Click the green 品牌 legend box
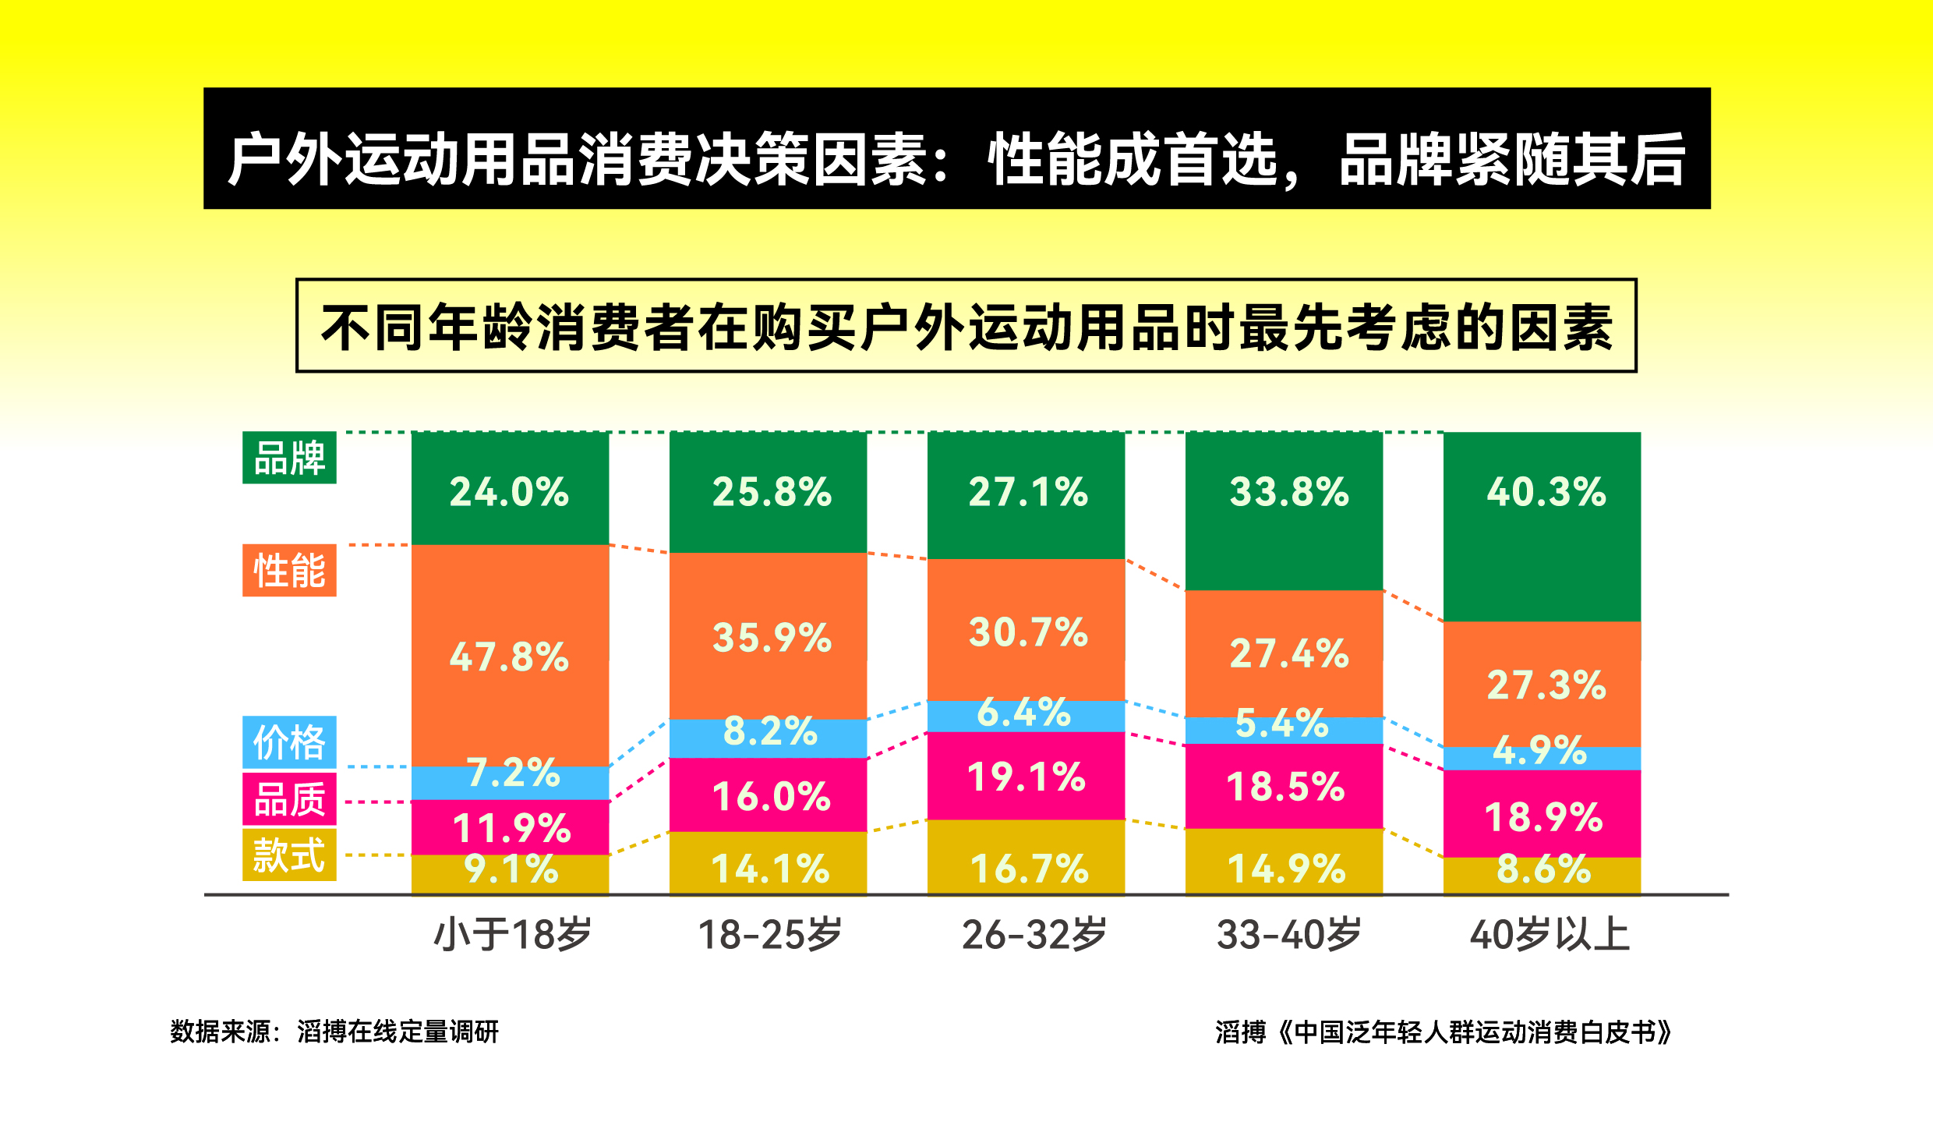[289, 458]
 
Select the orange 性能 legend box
[289, 570]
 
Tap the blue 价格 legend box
[289, 742]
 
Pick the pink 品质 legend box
[289, 799]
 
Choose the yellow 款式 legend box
[289, 855]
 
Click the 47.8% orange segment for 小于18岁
[510, 655]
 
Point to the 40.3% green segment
[1542, 526]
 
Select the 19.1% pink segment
[1026, 777]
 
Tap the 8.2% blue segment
[769, 738]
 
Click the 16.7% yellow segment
[1026, 858]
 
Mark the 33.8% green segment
[1284, 511]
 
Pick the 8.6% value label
[1543, 869]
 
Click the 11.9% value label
[512, 828]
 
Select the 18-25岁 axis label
[769, 934]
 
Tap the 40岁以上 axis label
[1549, 934]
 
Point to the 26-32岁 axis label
[1034, 934]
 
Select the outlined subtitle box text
[966, 326]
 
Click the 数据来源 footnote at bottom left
[334, 1032]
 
